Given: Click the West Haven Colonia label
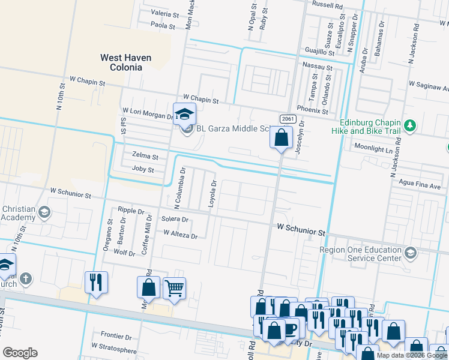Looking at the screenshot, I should tap(125, 62).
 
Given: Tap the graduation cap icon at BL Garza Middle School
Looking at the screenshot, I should tap(184, 113).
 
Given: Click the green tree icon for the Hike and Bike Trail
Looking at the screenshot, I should tap(410, 125).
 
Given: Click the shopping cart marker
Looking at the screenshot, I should tap(174, 288).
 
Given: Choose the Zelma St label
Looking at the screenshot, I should tap(145, 157).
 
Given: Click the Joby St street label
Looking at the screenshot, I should tap(143, 170).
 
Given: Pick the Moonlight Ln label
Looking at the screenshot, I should tap(373, 147).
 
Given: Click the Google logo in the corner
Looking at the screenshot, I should tap(20, 353).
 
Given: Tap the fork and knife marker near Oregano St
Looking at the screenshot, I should tap(96, 282).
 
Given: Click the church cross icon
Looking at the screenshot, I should tap(25, 278).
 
